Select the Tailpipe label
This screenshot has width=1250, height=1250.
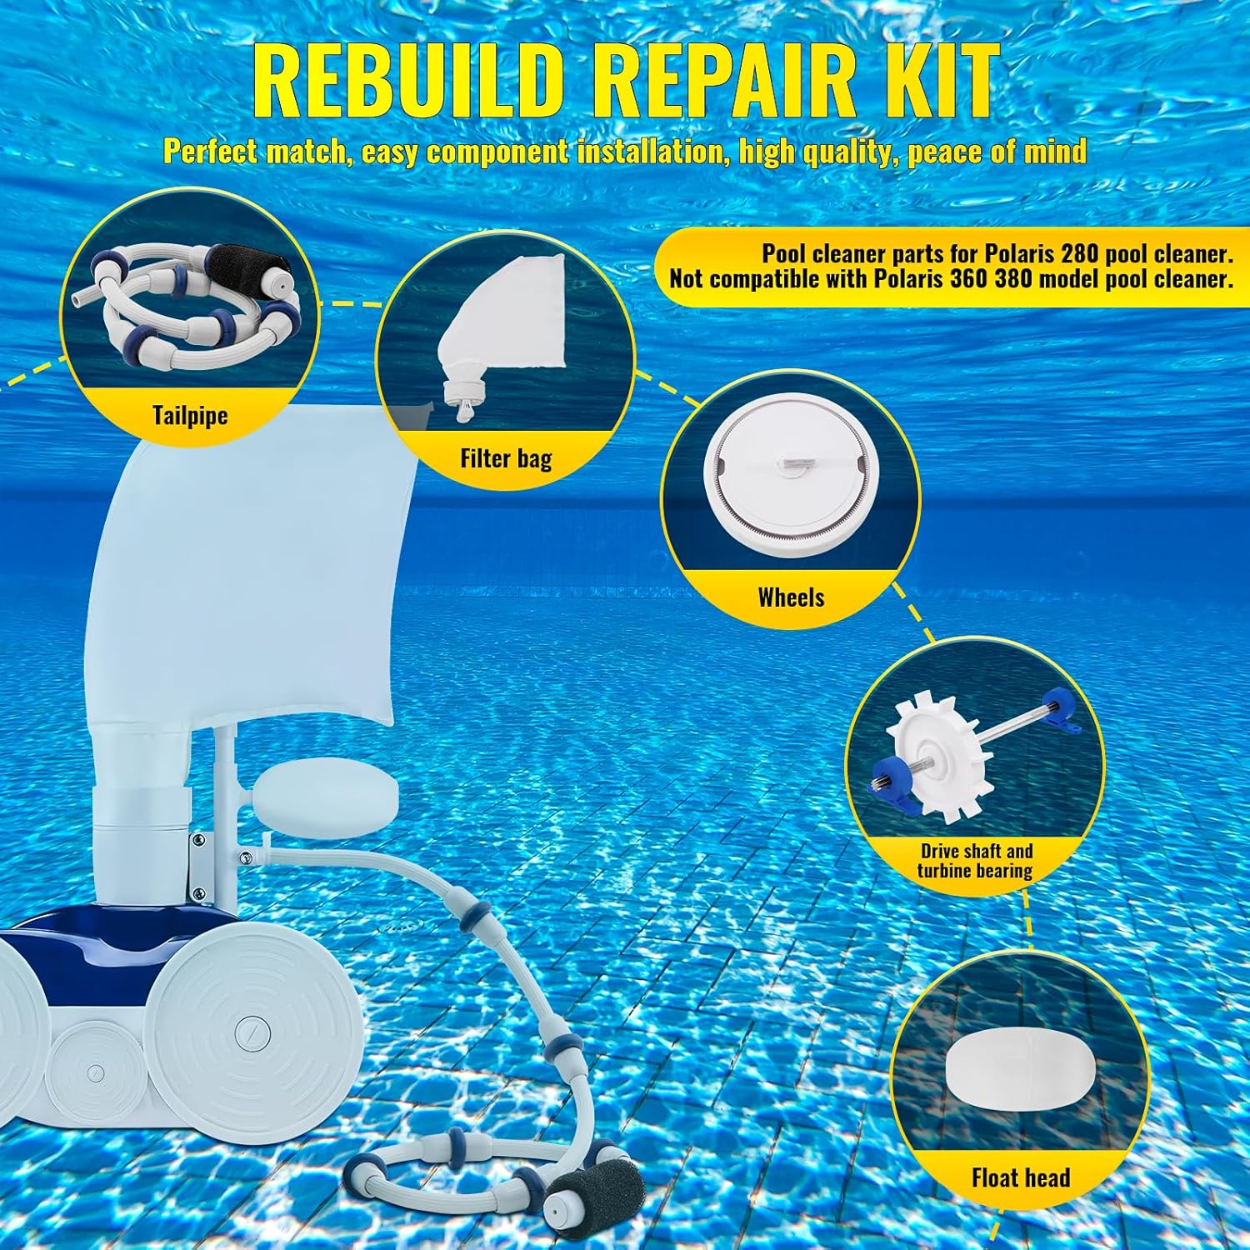click(190, 415)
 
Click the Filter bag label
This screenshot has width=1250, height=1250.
click(506, 458)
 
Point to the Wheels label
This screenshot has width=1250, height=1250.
click(791, 597)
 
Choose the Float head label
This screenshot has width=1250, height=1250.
click(1021, 1177)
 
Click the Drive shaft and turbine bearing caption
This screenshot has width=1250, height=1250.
click(976, 861)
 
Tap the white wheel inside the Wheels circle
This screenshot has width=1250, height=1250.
click(791, 483)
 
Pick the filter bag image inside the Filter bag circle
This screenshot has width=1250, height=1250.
click(508, 327)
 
